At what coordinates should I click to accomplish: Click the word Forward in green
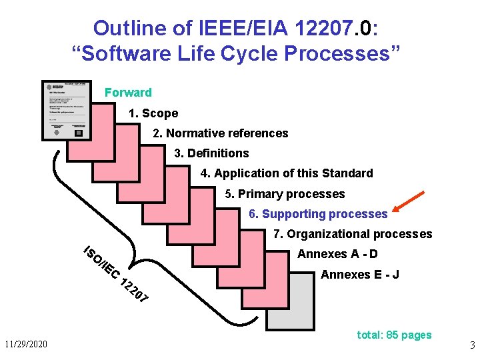pyautogui.click(x=128, y=93)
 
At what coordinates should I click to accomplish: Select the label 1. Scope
pyautogui.click(x=153, y=113)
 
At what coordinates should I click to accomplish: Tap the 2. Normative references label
pyautogui.click(x=221, y=133)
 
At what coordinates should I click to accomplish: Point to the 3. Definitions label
pyautogui.click(x=211, y=153)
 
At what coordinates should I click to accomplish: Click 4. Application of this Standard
pyautogui.click(x=287, y=173)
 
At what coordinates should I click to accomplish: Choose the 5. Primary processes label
pyautogui.click(x=285, y=194)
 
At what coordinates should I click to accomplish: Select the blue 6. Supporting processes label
pyautogui.click(x=318, y=214)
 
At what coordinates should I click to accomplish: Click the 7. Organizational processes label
pyautogui.click(x=353, y=234)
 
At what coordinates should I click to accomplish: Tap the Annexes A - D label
pyautogui.click(x=337, y=254)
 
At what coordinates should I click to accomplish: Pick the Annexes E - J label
pyautogui.click(x=360, y=275)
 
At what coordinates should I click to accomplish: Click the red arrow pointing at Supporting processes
pyautogui.click(x=409, y=204)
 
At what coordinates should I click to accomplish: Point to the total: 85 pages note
pyautogui.click(x=394, y=335)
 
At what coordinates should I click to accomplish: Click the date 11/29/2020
pyautogui.click(x=26, y=345)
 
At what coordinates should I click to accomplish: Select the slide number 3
pyautogui.click(x=472, y=346)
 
